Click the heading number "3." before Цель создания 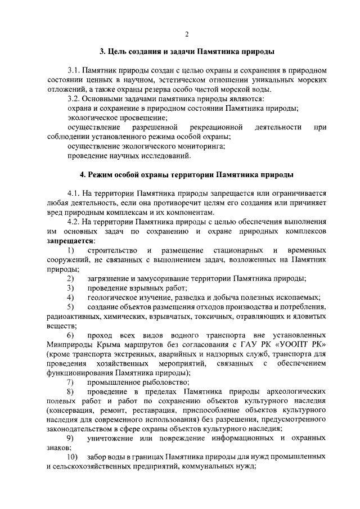tap(103, 52)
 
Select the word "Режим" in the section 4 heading tap(98, 174)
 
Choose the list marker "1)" tap(70, 250)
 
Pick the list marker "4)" tap(70, 297)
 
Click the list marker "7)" tap(70, 382)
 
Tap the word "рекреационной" tap(216, 127)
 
